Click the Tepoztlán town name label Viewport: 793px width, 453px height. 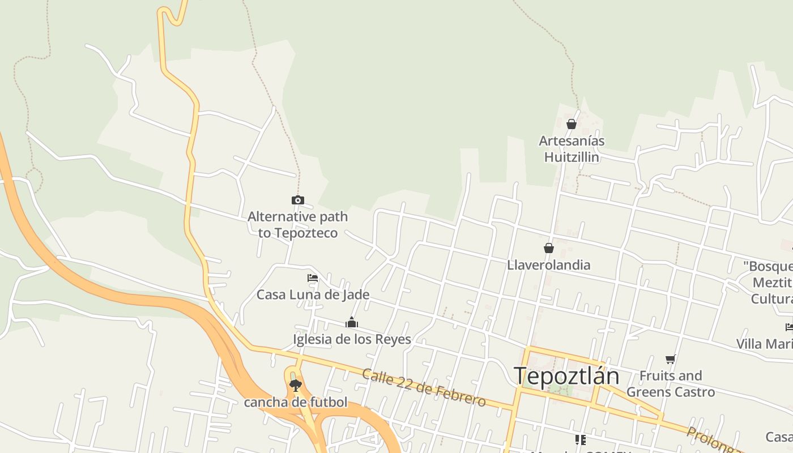[x=566, y=376]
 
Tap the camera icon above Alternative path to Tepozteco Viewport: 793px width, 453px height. [x=297, y=200]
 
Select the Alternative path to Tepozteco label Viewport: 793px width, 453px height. [x=297, y=225]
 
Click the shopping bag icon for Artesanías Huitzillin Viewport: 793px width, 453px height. [x=572, y=124]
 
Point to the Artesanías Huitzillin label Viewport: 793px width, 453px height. [x=572, y=149]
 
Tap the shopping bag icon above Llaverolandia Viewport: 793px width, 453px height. [x=548, y=248]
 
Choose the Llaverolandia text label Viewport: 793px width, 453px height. [x=548, y=265]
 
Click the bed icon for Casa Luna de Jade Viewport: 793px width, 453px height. [x=312, y=278]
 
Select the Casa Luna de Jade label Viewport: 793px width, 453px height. [x=313, y=294]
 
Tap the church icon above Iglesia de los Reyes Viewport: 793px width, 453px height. [x=352, y=323]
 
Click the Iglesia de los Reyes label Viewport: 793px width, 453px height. [x=352, y=339]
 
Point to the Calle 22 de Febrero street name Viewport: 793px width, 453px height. [x=424, y=388]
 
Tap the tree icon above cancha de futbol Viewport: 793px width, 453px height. [x=295, y=386]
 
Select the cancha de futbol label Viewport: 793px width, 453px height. [x=295, y=403]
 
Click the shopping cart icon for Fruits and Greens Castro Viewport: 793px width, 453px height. [x=671, y=358]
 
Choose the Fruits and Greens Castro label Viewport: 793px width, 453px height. [x=671, y=383]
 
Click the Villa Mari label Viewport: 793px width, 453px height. [x=764, y=344]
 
